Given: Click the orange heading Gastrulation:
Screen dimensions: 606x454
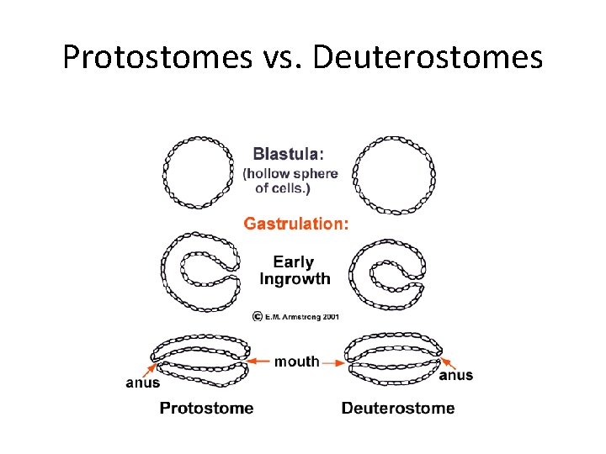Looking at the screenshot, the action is pyautogui.click(x=295, y=224).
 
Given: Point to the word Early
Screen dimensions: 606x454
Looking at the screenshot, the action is pyautogui.click(x=293, y=262).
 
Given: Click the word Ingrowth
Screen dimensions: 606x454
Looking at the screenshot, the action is pyautogui.click(x=295, y=278).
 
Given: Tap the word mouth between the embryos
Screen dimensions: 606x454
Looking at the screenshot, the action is pyautogui.click(x=297, y=362).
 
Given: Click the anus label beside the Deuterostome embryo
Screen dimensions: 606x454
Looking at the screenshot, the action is pyautogui.click(x=455, y=375).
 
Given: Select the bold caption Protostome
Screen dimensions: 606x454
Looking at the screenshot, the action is pyautogui.click(x=206, y=409).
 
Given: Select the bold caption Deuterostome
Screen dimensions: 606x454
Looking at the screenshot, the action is pyautogui.click(x=398, y=409).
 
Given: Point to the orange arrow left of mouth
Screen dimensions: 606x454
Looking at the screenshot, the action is pyautogui.click(x=262, y=362).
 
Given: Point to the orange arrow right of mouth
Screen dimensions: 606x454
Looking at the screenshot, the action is pyautogui.click(x=333, y=362).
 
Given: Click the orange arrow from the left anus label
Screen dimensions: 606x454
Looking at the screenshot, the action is pyautogui.click(x=150, y=368).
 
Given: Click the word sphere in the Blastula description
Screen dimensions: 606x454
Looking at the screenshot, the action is pyautogui.click(x=315, y=174).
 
